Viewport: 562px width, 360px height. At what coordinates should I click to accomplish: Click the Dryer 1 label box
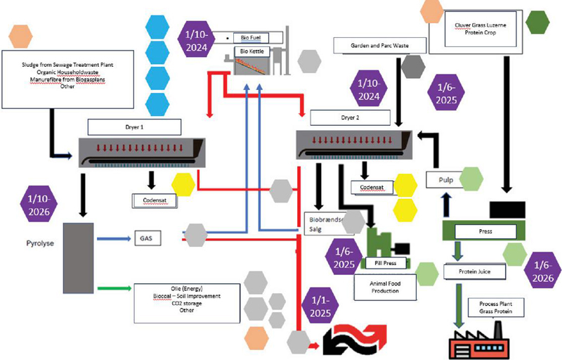click(x=135, y=127)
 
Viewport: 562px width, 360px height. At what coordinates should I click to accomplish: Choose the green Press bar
click(x=484, y=230)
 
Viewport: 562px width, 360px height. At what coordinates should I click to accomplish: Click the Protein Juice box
click(x=470, y=271)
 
